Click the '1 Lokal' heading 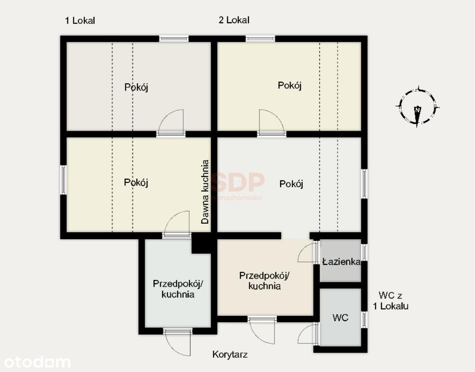click(x=80, y=20)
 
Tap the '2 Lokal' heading click(x=234, y=20)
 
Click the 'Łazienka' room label click(x=342, y=261)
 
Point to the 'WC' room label click(x=340, y=318)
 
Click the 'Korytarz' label click(x=230, y=354)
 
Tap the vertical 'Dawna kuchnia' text click(x=205, y=192)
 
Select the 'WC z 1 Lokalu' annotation click(x=390, y=300)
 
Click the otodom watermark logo click(x=37, y=362)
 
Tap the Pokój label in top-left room click(x=136, y=87)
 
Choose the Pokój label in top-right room click(x=290, y=86)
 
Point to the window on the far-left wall click(x=64, y=180)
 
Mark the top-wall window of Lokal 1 click(x=174, y=39)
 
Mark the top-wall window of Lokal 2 click(x=260, y=39)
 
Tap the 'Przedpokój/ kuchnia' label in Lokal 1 click(x=178, y=289)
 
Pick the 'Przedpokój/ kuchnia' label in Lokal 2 click(x=264, y=281)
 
